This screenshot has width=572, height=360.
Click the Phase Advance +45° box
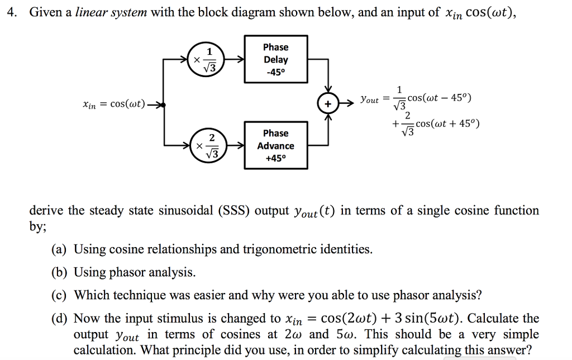pos(275,145)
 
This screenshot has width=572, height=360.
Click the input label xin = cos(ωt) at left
pos(113,104)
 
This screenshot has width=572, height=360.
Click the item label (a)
pos(59,249)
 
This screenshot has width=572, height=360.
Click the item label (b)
pos(59,272)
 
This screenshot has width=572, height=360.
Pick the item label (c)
pos(59,295)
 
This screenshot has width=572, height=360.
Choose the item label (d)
pos(60,319)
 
